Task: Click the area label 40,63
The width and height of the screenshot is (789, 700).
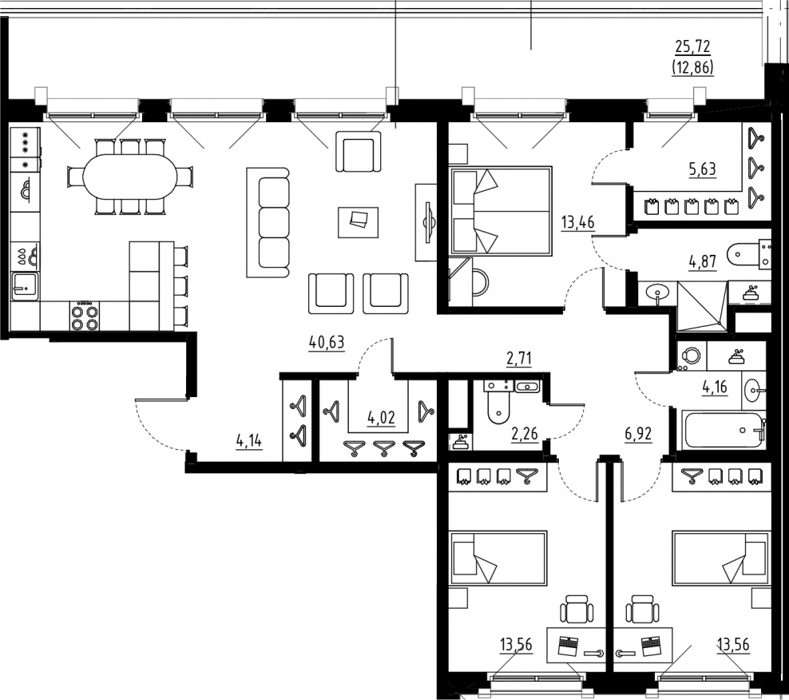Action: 327,343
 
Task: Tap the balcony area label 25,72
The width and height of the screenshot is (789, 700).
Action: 692,47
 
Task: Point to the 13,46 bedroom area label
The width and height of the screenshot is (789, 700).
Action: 577,222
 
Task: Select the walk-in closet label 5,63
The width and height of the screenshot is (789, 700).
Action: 703,169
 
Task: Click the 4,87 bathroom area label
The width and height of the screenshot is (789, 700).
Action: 703,262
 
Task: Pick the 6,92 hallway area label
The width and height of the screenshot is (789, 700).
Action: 639,434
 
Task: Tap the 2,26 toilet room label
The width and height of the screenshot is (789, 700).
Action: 525,433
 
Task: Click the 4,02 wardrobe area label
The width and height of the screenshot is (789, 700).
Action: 382,417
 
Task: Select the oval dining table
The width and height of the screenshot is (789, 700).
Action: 130,177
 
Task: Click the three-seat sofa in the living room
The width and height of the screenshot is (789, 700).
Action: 268,223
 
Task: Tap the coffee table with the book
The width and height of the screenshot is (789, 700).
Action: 358,222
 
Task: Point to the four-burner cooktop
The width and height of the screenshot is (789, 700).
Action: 84,316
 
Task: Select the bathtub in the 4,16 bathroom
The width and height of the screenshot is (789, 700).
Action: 723,431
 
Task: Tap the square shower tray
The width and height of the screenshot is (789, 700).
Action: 702,306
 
